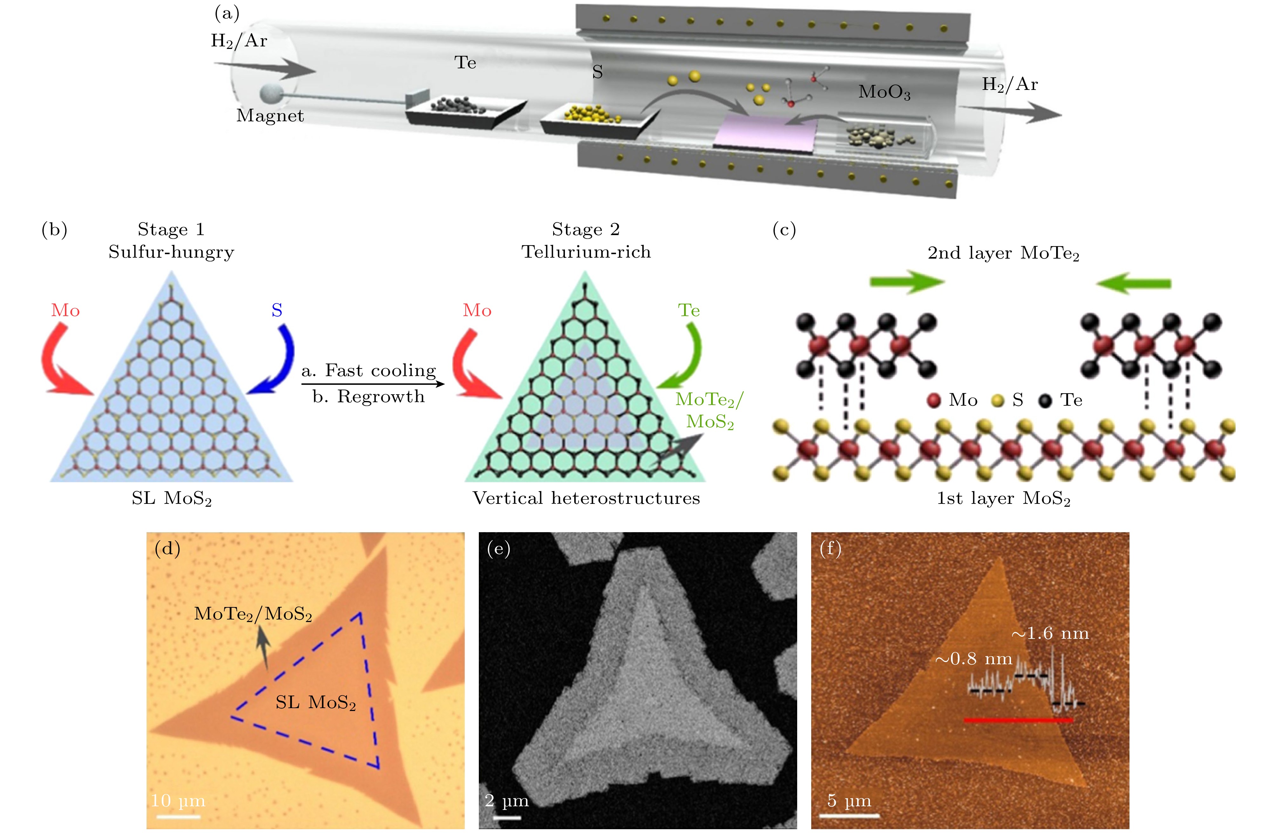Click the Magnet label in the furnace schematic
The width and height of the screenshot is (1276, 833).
click(x=270, y=116)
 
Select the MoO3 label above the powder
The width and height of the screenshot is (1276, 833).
click(x=884, y=92)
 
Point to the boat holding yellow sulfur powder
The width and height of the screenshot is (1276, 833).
click(x=595, y=121)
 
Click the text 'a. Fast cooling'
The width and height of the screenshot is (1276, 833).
click(x=369, y=370)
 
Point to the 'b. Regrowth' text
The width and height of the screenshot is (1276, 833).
click(x=369, y=397)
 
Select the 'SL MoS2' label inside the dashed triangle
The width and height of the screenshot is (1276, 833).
click(x=316, y=702)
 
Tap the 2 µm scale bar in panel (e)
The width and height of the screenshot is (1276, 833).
click(x=507, y=817)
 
